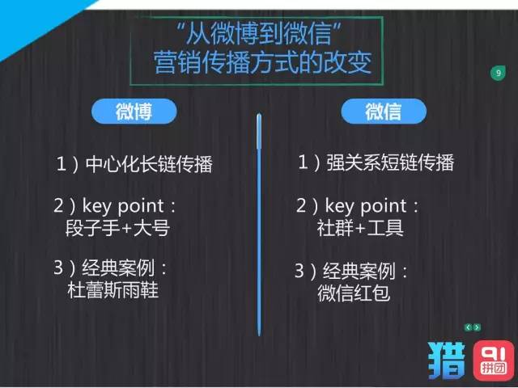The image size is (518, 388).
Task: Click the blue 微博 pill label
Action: click(133, 111)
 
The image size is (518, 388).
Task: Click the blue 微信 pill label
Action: click(383, 111)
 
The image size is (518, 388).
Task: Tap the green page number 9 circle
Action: click(498, 74)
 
